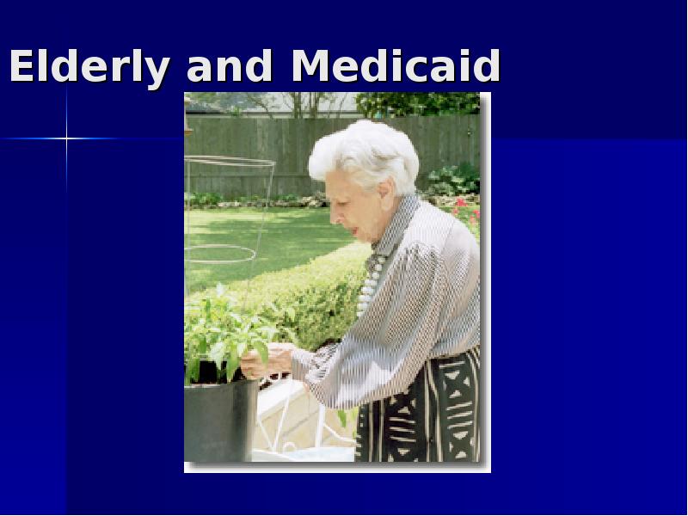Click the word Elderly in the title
(x=89, y=66)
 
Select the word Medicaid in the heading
(x=396, y=66)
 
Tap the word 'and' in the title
(x=229, y=66)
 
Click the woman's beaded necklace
(x=370, y=284)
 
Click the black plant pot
(x=221, y=421)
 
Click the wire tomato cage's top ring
(x=230, y=162)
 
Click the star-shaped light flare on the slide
(x=67, y=138)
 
